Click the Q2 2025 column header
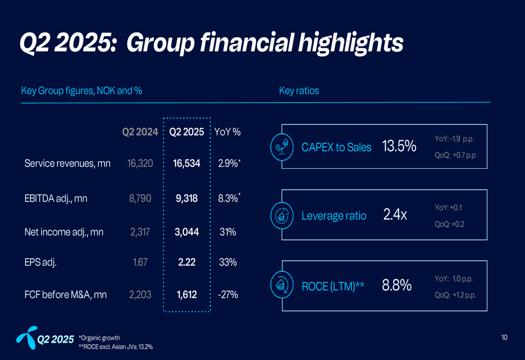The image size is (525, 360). point(187,132)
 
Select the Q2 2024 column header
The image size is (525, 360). point(140,132)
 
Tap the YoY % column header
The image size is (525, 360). point(228,132)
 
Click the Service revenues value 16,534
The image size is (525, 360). point(186,163)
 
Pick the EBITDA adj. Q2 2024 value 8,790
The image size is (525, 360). point(140,198)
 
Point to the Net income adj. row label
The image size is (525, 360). point(64,232)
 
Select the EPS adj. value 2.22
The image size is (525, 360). point(187,262)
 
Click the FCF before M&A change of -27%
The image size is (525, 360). point(227,295)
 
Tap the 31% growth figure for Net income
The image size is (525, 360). point(227,232)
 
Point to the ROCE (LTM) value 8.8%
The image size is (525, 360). point(397,285)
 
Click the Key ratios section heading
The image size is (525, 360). point(299,91)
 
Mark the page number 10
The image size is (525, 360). point(504,337)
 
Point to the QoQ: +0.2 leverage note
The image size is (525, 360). point(449,224)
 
